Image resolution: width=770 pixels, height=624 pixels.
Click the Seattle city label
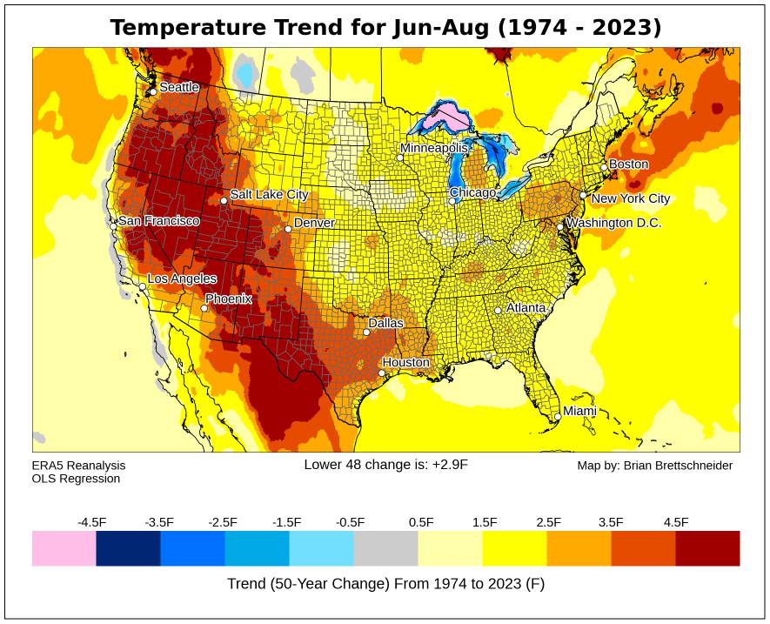click(x=179, y=87)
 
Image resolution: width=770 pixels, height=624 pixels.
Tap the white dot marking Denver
click(x=288, y=229)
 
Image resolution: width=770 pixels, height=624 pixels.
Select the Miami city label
click(x=579, y=411)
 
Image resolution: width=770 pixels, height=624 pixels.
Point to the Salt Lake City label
click(x=269, y=195)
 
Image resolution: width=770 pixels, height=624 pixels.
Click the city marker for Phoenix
click(x=204, y=308)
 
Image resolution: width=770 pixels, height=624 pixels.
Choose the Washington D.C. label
click(x=613, y=224)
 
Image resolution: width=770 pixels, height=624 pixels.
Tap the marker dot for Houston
click(x=381, y=373)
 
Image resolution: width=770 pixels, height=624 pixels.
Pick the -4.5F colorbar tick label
click(x=92, y=522)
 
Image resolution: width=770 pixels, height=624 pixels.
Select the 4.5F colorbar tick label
click(x=676, y=522)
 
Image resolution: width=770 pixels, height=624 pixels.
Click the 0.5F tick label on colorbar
click(x=421, y=522)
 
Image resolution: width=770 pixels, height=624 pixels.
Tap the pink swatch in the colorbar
click(x=64, y=548)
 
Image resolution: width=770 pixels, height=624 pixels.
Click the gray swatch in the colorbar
click(x=385, y=548)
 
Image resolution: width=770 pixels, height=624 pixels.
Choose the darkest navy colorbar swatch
click(x=128, y=548)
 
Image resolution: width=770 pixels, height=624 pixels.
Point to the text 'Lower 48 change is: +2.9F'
click(x=385, y=465)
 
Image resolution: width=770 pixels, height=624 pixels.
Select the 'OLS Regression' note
click(x=76, y=479)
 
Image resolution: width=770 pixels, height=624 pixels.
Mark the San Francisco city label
click(x=158, y=221)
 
